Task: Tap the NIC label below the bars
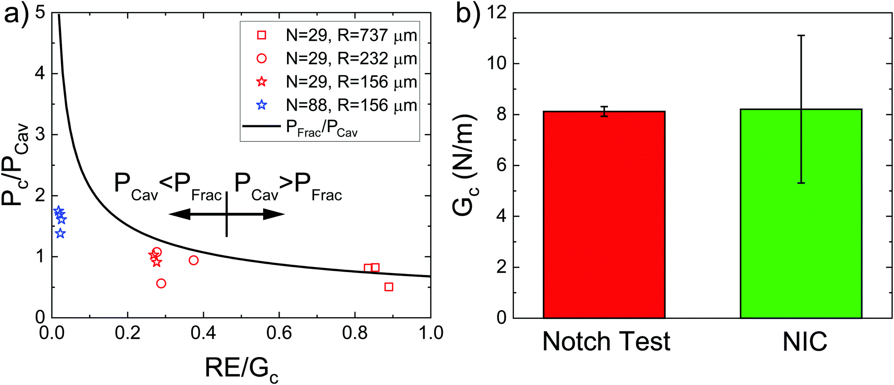pyautogui.click(x=805, y=342)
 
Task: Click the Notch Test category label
pyautogui.click(x=606, y=342)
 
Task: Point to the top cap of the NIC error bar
pyautogui.click(x=801, y=35)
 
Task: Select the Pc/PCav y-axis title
pyautogui.click(x=15, y=165)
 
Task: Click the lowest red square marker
pyautogui.click(x=389, y=287)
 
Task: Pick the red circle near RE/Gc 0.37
pyautogui.click(x=193, y=260)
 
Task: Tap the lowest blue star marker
pyautogui.click(x=60, y=234)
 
